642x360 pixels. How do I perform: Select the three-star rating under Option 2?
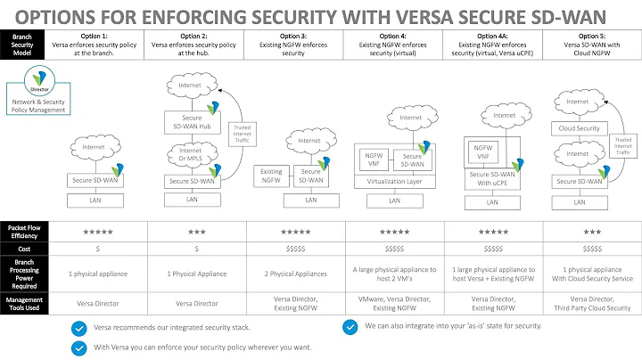[x=195, y=232]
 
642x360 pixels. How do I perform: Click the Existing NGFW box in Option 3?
[x=271, y=174]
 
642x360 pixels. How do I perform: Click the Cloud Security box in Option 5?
[x=579, y=127]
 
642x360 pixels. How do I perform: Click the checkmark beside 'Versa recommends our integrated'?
[x=80, y=327]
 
